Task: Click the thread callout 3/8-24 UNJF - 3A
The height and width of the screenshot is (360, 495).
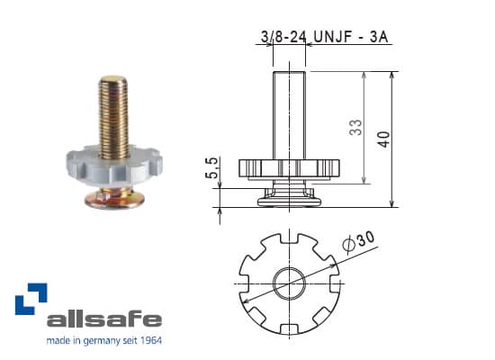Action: (327, 37)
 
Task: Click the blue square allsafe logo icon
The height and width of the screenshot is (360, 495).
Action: (30, 299)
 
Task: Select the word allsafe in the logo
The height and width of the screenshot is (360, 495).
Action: (103, 319)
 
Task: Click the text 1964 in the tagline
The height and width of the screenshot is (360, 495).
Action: (147, 341)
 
